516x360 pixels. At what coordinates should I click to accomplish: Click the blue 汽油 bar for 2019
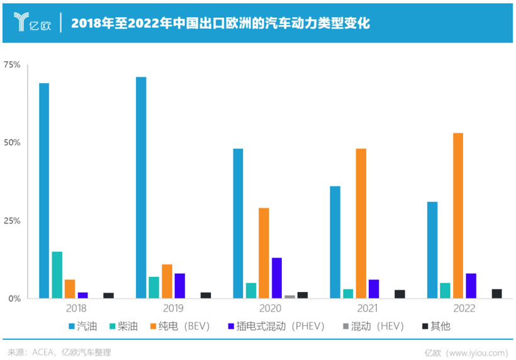(x=141, y=188)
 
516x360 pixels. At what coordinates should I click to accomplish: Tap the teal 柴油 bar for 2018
(x=57, y=274)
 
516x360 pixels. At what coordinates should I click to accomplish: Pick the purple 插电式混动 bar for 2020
(x=276, y=278)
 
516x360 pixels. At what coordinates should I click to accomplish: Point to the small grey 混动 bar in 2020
(x=289, y=296)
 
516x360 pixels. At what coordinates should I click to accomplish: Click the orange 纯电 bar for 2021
(x=361, y=223)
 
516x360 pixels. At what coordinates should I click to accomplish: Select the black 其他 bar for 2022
(x=496, y=293)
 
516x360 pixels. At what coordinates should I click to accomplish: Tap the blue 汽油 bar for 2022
(x=432, y=250)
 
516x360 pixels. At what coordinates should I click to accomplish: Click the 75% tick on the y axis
(x=12, y=65)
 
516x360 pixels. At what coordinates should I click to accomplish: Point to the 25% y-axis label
(x=12, y=221)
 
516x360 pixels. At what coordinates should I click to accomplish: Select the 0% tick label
(x=14, y=298)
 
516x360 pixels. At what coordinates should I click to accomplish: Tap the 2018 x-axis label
(x=76, y=308)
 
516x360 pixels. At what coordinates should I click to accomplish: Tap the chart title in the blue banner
(x=220, y=23)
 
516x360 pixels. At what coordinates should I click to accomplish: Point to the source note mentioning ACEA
(x=59, y=351)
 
